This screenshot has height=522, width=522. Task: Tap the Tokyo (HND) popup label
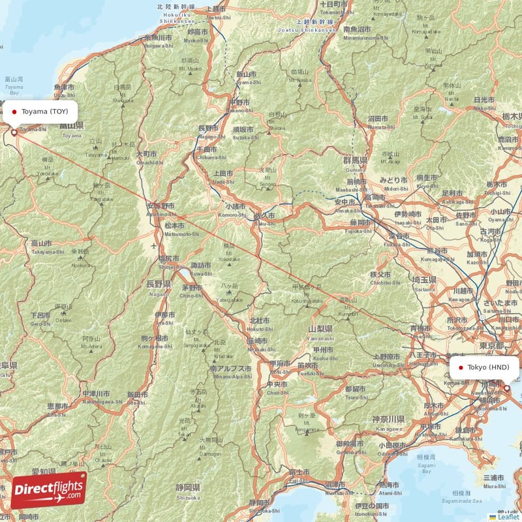(484, 367)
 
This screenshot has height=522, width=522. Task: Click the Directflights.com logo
(49, 490)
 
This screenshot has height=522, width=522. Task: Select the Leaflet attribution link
(507, 516)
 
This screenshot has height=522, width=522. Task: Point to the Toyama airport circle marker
(14, 132)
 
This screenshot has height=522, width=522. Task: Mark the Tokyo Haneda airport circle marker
(506, 388)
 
